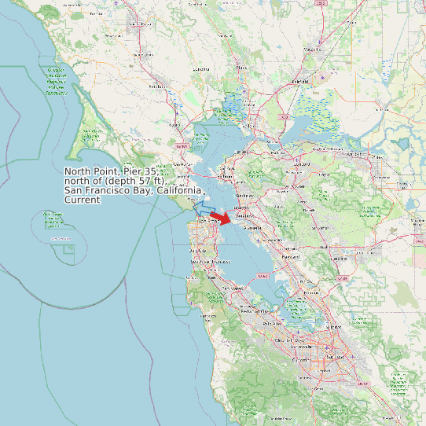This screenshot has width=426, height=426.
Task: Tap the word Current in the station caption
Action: coord(82,200)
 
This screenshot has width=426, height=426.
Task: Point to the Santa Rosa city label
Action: coord(139,24)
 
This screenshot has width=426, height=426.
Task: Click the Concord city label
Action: coord(303,164)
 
